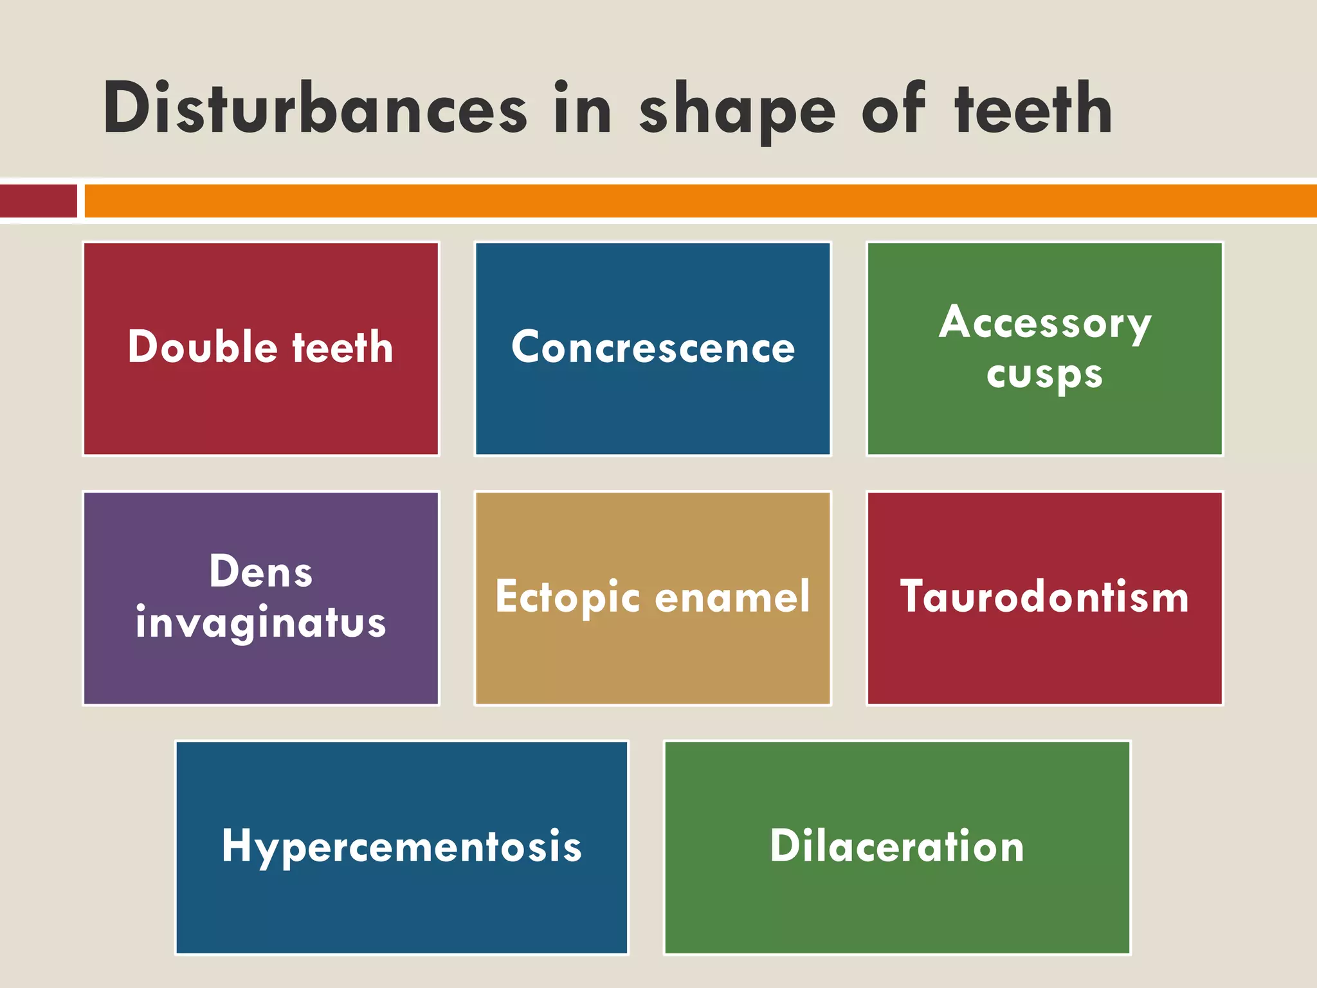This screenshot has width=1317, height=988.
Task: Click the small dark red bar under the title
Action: [38, 201]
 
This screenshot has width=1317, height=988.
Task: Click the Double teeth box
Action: [261, 349]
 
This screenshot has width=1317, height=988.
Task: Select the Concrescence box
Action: [653, 349]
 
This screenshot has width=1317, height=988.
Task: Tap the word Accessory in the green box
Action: [1044, 323]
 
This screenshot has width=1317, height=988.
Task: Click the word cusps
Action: [1044, 374]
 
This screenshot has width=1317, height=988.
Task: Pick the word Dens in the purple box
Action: [261, 571]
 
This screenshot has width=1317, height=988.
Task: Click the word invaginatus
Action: [261, 623]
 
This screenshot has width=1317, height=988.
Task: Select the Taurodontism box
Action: [1044, 598]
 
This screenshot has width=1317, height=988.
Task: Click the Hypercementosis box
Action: [402, 847]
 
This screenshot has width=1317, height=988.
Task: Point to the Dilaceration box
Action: [897, 847]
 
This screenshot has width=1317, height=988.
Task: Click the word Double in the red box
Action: [203, 347]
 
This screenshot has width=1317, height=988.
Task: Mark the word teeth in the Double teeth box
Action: [342, 347]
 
